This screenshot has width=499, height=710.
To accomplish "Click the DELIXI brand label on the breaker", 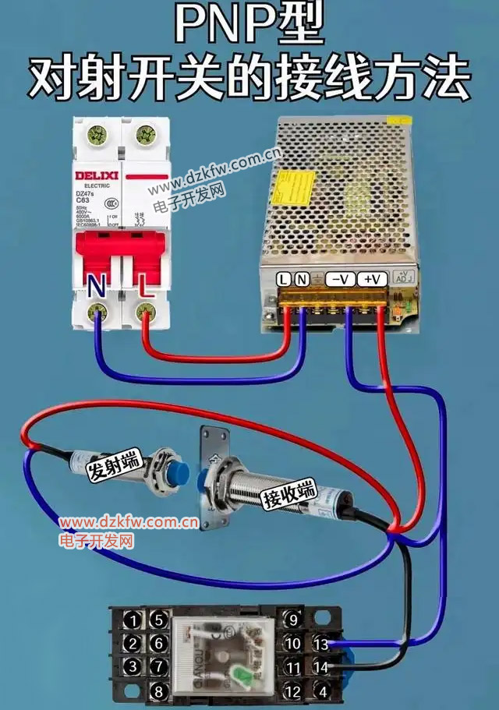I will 97,175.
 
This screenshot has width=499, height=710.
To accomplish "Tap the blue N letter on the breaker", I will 97,287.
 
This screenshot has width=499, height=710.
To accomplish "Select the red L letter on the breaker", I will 144,286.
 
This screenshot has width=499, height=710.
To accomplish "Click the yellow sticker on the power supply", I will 296,186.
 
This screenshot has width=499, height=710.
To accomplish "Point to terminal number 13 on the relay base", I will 320,644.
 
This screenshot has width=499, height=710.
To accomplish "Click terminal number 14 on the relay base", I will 320,667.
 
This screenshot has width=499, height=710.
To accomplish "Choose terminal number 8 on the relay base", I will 159,691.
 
